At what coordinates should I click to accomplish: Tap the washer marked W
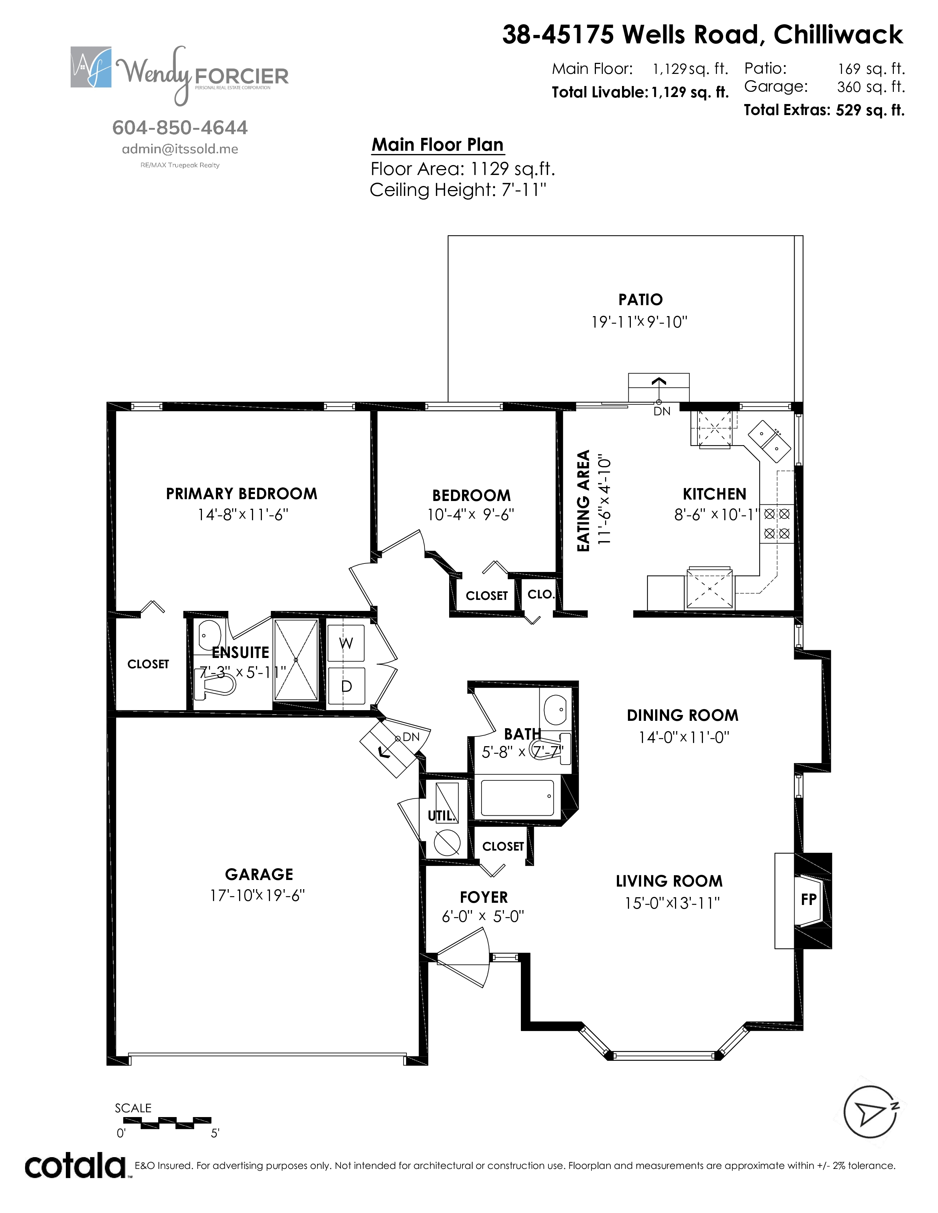coord(346,644)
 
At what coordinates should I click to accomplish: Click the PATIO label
coord(640,300)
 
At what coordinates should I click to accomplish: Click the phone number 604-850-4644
coord(180,128)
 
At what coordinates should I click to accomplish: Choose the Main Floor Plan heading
coord(438,145)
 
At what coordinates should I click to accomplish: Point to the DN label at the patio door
coord(662,412)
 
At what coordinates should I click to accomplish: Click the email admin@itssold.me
coord(180,149)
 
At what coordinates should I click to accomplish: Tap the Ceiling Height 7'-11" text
coord(458,190)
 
